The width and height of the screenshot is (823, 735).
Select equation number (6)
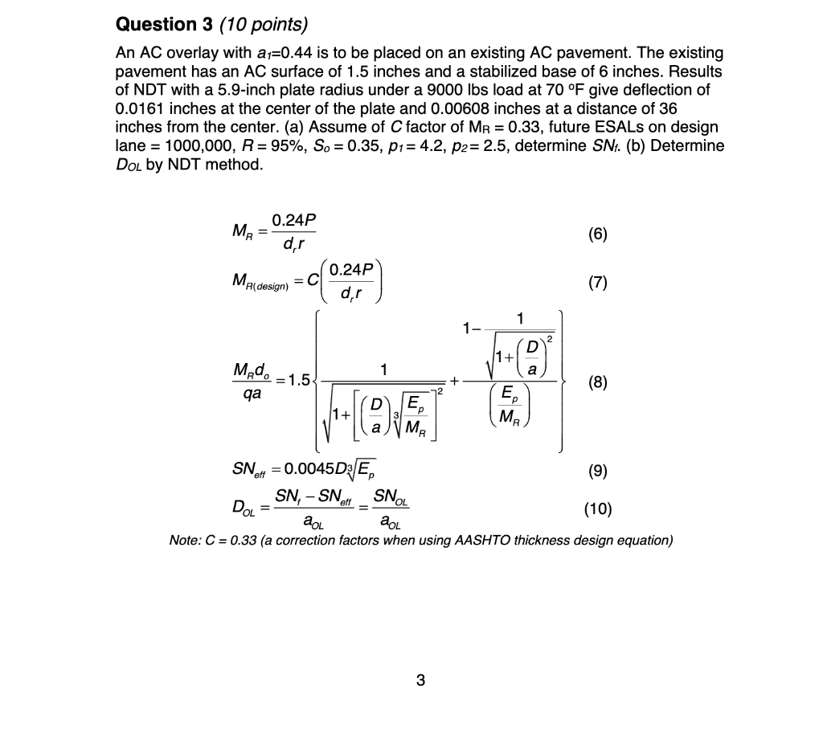click(597, 234)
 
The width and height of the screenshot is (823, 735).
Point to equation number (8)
click(597, 383)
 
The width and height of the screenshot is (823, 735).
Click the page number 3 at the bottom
click(420, 682)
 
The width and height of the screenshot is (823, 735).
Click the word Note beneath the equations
click(186, 540)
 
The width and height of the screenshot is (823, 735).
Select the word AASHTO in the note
click(481, 540)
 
